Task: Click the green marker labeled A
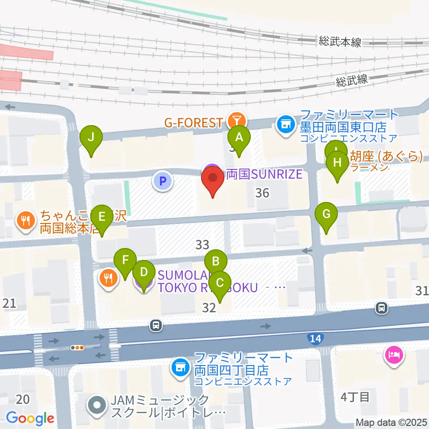[x=239, y=137]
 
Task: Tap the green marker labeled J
[x=91, y=137]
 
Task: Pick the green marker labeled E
[x=102, y=217]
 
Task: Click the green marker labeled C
[x=219, y=283]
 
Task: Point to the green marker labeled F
[x=125, y=260]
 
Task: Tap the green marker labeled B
[x=216, y=261]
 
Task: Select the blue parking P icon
[x=163, y=181]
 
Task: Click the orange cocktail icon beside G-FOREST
[x=236, y=120]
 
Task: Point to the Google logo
[x=30, y=418]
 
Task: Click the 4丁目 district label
[x=355, y=397]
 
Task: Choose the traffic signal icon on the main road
[x=78, y=347]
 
